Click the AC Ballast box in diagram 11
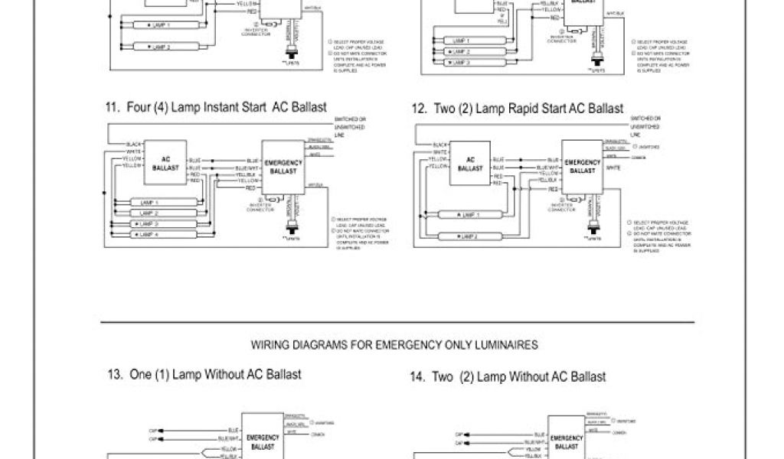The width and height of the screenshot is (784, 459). [x=165, y=162]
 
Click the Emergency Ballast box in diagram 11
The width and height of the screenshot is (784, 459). [x=284, y=165]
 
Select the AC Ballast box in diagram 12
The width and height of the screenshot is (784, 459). [x=470, y=163]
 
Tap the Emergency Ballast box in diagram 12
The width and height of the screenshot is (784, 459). [x=583, y=166]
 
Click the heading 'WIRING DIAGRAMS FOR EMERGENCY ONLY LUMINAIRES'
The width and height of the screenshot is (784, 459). [x=395, y=345]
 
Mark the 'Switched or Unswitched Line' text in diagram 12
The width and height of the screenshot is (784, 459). [x=645, y=125]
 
